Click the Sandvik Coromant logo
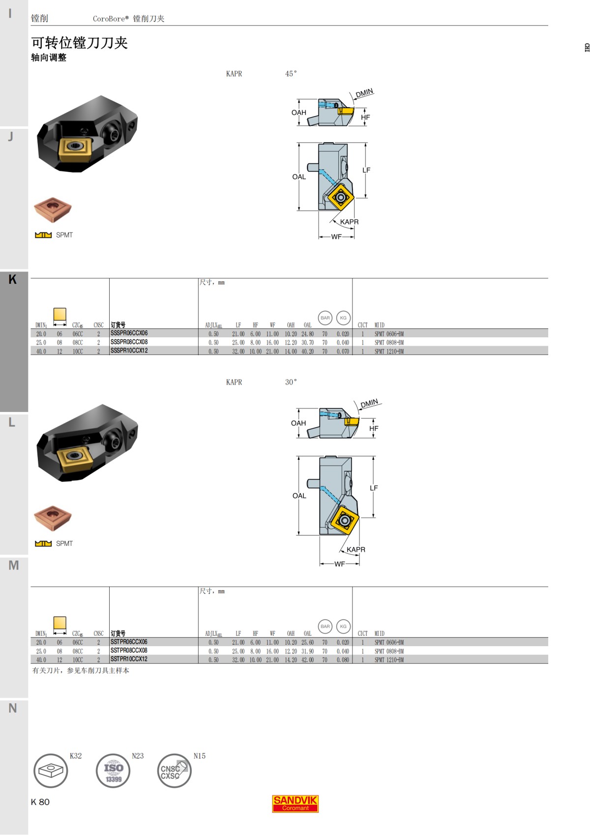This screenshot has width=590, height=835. pos(295,804)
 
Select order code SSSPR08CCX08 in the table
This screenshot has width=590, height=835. pos(129,342)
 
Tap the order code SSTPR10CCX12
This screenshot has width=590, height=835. pos(129,659)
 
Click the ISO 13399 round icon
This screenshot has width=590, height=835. pos(113,771)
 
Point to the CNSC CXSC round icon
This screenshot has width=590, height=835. pos(174,771)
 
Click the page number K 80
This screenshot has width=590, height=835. pos(40,802)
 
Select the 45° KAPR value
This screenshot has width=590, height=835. pos(291,74)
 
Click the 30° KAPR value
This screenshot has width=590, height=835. pos(291,382)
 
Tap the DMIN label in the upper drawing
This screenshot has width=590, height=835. pos(364,93)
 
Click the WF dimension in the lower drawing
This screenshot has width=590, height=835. pos(339,564)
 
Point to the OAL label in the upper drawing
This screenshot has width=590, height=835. pos(299,177)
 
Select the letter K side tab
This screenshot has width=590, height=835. pos(13,280)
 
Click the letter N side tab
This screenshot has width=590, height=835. pos(13,708)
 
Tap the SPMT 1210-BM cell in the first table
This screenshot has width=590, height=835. pos(389,351)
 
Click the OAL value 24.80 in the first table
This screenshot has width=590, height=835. pos(307,334)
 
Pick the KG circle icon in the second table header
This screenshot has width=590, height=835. pos(343,626)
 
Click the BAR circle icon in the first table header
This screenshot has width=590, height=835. pos(325,318)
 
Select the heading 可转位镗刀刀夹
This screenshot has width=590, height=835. pos(80,43)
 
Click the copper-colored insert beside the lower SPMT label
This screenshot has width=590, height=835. pos(53,518)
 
